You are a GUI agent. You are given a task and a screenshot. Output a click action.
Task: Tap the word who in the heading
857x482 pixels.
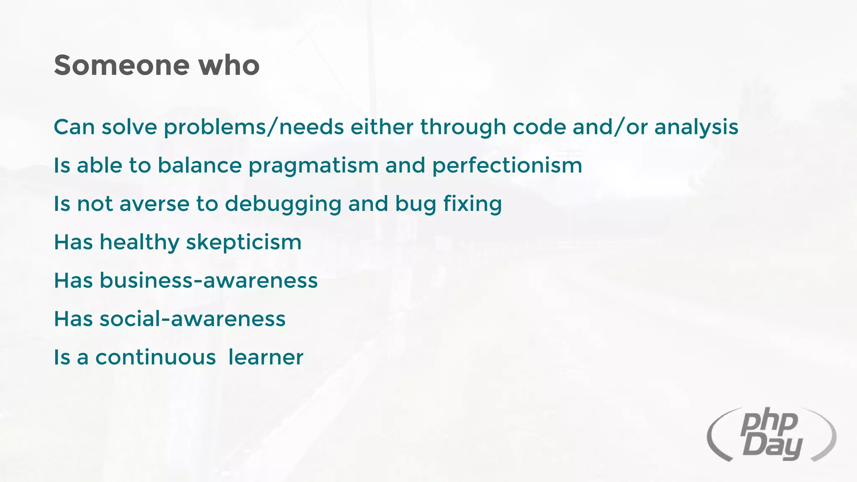229,65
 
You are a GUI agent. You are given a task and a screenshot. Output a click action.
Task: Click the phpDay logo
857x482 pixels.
771,435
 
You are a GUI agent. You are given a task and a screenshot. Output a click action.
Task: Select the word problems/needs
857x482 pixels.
254,127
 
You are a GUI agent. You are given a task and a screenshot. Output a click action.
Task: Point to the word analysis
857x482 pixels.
696,127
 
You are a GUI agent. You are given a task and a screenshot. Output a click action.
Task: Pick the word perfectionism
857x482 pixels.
507,166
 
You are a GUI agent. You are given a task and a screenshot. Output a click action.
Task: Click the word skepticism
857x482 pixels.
244,243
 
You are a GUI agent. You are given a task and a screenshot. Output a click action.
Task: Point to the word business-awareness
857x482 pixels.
208,280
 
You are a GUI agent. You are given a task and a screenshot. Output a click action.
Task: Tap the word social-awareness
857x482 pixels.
192,319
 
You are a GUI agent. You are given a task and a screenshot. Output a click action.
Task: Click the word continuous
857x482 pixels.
155,357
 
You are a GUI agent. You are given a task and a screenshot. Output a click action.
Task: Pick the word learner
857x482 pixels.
266,357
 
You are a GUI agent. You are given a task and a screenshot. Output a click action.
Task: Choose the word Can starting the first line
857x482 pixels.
74,127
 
